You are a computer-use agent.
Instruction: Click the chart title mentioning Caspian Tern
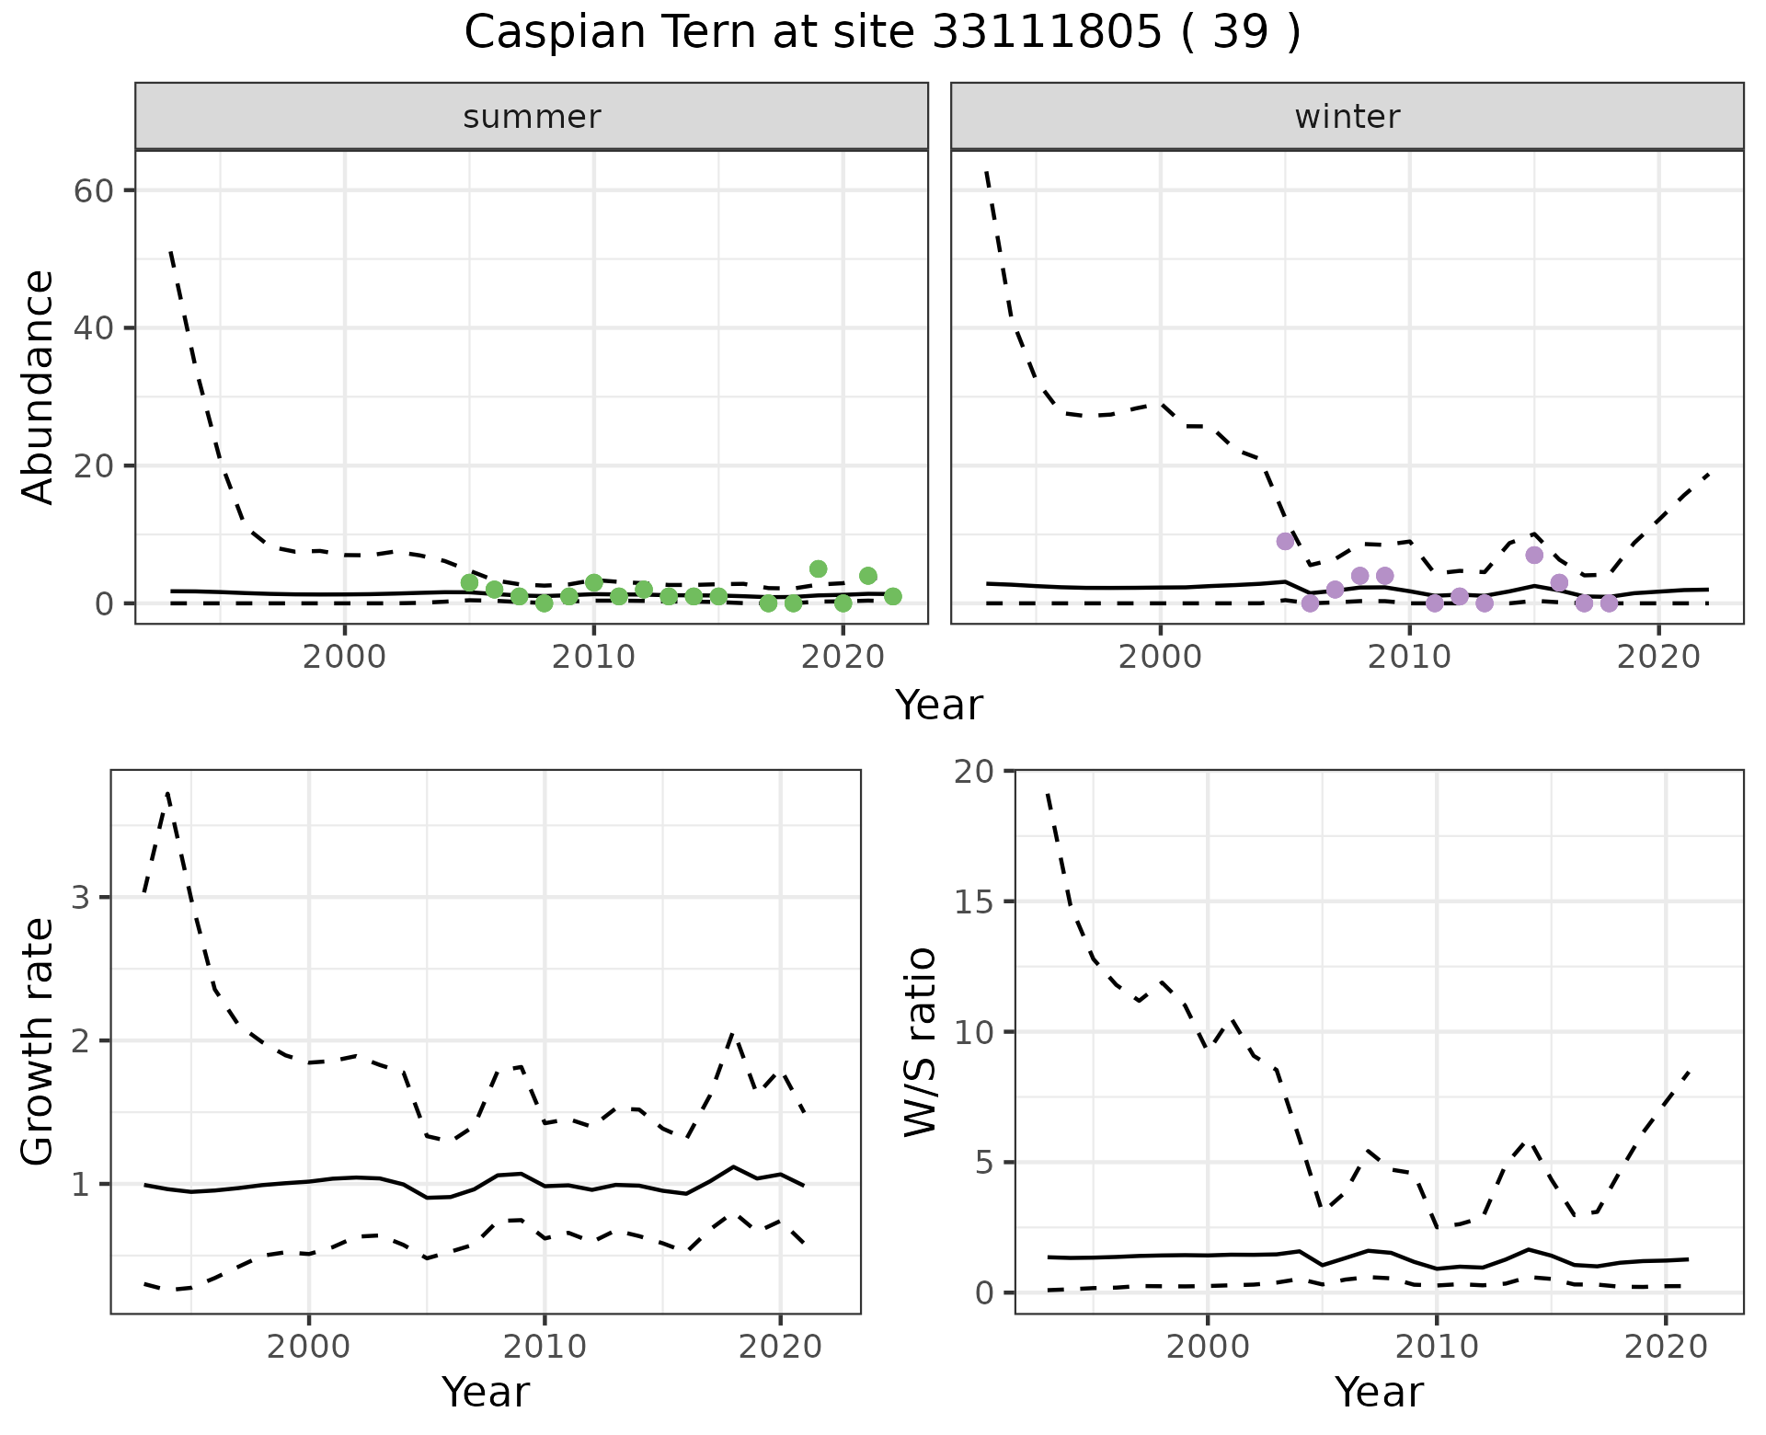tap(882, 33)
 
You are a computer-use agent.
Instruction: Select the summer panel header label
tap(532, 117)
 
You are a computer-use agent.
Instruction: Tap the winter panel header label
tap(1347, 117)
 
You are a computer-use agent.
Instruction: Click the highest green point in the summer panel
tap(818, 568)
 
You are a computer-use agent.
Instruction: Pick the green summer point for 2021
tap(867, 576)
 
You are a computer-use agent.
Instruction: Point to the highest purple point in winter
tap(1285, 541)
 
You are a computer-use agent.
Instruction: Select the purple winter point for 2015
tap(1533, 555)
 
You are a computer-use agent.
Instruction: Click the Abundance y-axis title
tap(39, 387)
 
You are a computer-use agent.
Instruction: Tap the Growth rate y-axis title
tap(39, 1041)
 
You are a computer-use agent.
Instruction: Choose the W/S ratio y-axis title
tap(921, 1041)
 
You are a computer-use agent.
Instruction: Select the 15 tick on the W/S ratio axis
tap(974, 901)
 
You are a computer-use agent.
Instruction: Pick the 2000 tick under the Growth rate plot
tap(309, 1347)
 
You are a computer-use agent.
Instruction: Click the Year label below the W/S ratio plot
tap(1379, 1392)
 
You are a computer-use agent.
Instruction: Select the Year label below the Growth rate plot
tap(486, 1392)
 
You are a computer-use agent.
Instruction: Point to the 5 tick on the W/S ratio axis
tap(985, 1163)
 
